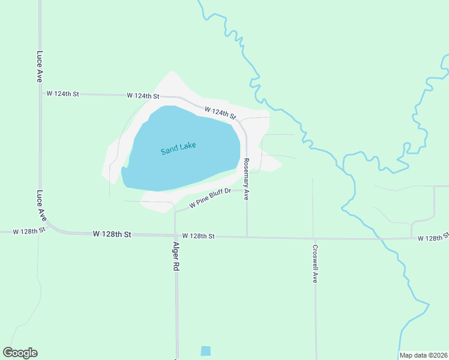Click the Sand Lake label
tap(178, 148)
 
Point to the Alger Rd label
tap(176, 259)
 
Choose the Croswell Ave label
tap(315, 263)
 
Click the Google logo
tap(20, 353)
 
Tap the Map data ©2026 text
tap(424, 355)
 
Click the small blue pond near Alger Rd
tap(206, 351)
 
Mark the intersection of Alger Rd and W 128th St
tap(175, 236)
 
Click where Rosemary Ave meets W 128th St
tap(247, 237)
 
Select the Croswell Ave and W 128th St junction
tap(313, 238)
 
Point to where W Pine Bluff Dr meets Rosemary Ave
tap(247, 190)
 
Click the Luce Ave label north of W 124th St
tap(40, 66)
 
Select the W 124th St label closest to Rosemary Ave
tap(220, 112)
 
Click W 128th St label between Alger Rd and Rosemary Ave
tap(198, 236)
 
